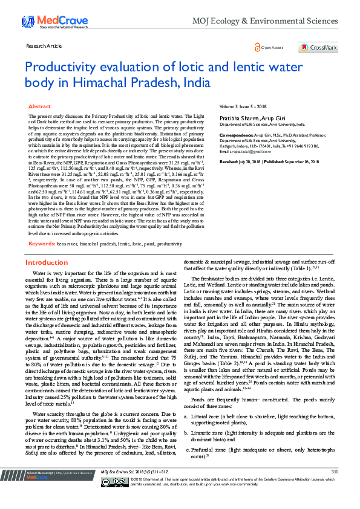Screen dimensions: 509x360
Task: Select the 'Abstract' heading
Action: [x=39, y=106]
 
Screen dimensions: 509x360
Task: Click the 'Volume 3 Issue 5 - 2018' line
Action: [x=244, y=106]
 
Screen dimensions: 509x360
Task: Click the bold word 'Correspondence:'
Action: [x=235, y=136]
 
